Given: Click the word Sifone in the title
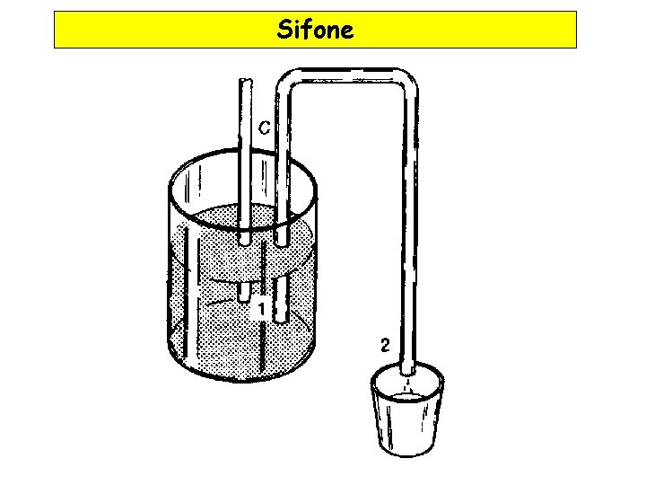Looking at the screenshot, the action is click(x=315, y=31).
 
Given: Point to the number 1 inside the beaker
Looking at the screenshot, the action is click(x=260, y=309).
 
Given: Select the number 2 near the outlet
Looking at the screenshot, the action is click(x=384, y=345).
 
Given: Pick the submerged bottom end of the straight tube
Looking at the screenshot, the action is click(x=244, y=295).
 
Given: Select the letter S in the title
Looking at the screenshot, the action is click(x=284, y=31).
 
